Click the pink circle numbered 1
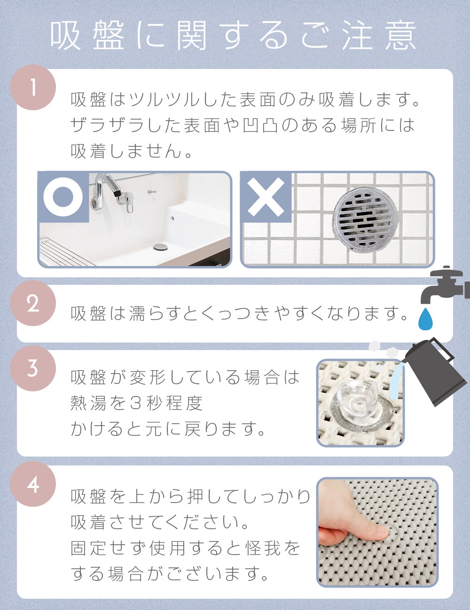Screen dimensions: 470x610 coord(33,87)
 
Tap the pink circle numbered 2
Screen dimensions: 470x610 coord(33,303)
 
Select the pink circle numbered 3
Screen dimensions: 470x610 coord(33,368)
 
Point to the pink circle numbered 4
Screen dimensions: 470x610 coord(33,484)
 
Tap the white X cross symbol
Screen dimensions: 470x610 coord(266,197)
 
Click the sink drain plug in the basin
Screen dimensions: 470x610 coord(161,247)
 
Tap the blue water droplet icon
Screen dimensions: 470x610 coord(425,319)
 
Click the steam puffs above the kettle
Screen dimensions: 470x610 coord(384,348)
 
